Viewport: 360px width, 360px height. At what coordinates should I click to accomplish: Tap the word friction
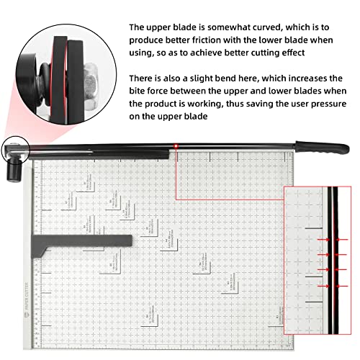[x=199, y=40]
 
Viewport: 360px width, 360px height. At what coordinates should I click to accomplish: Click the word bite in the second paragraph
[x=139, y=91]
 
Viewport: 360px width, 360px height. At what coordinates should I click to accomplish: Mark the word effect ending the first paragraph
[x=310, y=53]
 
